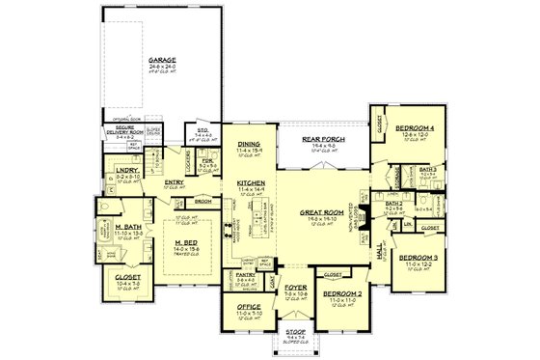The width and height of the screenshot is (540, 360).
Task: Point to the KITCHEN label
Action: point(250,180)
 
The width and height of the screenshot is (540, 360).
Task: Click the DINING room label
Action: point(250,143)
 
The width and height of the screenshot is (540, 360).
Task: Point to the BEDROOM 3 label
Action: point(417,258)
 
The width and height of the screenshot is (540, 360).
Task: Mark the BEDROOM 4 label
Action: point(416,128)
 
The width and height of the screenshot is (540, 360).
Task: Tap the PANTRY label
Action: point(247,274)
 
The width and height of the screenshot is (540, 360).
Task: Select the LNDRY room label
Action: point(127,171)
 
